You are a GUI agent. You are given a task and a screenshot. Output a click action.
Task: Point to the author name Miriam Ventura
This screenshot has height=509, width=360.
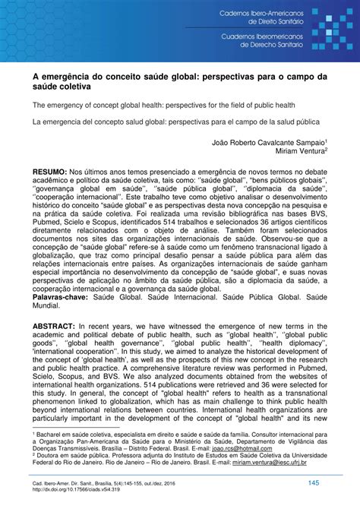300,150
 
